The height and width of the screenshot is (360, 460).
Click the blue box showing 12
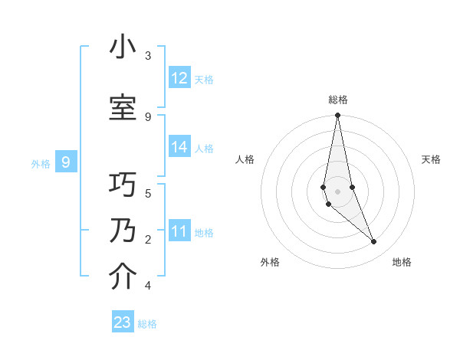point(179,78)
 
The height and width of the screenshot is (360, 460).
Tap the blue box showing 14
point(179,148)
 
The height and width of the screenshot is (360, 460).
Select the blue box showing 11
point(179,231)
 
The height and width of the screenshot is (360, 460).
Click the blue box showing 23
point(123,322)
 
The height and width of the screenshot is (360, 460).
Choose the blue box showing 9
point(66,162)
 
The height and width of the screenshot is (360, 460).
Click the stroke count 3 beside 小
point(148,56)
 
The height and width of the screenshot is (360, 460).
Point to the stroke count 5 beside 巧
point(148,193)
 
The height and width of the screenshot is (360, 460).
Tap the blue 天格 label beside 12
point(204,79)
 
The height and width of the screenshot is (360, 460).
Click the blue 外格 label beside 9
point(41,163)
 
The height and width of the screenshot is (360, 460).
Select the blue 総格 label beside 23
point(147,323)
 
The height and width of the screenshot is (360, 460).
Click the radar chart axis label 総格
point(338,100)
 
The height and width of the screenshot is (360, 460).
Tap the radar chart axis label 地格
point(402,262)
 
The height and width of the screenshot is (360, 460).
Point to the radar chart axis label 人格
point(245,159)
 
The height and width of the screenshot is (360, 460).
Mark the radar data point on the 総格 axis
point(337,116)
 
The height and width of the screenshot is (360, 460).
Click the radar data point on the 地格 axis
point(374,242)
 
